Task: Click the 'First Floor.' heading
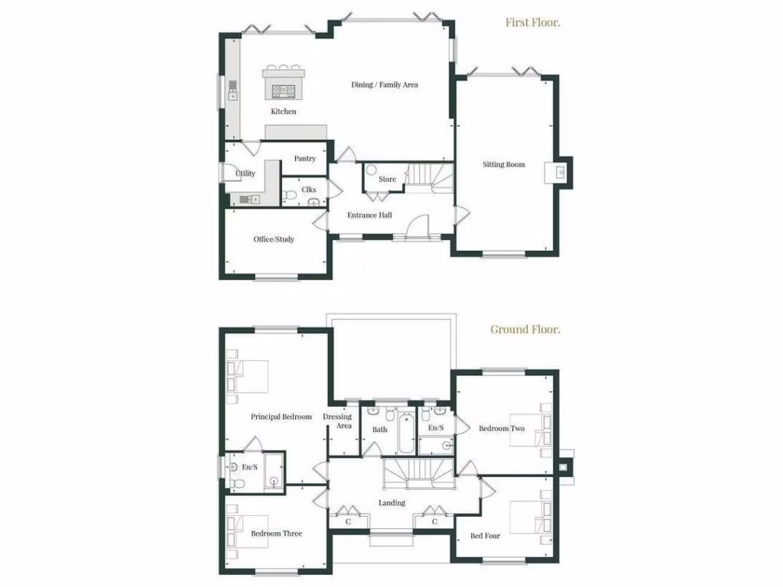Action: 533,22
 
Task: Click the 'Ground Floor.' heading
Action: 525,329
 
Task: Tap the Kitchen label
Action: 283,112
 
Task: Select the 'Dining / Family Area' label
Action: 385,85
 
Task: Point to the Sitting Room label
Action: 504,164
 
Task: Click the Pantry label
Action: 305,159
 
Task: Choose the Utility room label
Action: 245,174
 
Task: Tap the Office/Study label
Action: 274,239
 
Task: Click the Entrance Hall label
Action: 369,215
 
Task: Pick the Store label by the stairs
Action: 388,180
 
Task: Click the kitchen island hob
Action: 284,90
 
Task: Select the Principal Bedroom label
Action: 281,417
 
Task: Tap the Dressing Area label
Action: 337,421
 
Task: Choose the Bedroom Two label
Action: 502,429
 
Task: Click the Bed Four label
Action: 485,536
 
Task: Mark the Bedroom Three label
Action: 276,533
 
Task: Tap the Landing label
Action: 391,503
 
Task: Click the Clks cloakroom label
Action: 309,189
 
